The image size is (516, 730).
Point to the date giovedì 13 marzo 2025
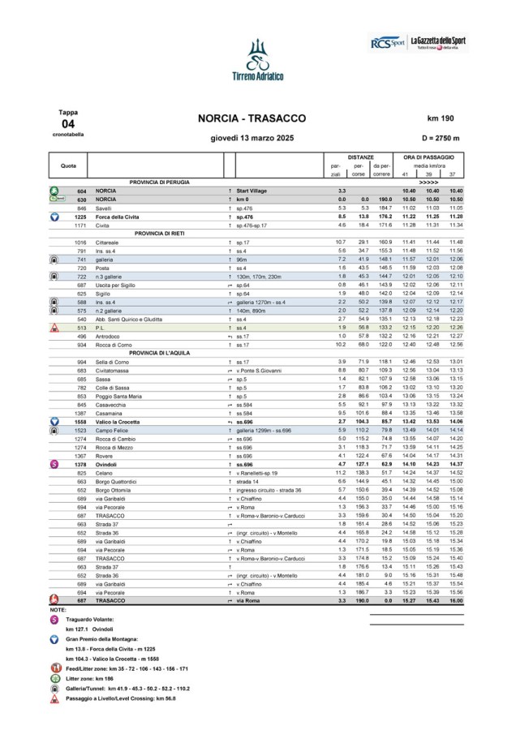[252, 139]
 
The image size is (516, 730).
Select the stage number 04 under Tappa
[67, 123]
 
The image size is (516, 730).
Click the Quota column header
[69, 165]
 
